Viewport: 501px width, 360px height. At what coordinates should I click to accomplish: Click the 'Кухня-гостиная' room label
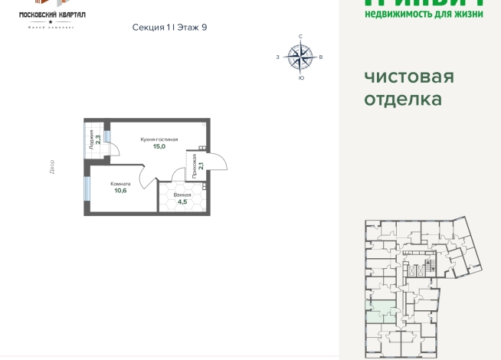159,139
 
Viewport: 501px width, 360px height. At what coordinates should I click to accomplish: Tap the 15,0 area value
159,146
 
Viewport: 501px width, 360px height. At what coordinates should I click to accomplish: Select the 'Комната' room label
120,184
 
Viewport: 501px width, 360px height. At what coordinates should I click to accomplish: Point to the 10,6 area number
120,191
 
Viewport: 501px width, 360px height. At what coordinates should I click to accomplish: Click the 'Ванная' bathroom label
182,195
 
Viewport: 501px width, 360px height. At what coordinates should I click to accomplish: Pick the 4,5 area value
182,203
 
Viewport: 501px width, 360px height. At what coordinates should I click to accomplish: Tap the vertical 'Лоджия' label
91,139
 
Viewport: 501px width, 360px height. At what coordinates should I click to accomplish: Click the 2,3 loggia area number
99,140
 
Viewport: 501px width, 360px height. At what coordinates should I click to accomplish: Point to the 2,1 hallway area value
201,164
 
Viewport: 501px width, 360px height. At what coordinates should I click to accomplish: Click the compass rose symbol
300,55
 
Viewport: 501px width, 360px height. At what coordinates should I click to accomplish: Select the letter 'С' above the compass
300,37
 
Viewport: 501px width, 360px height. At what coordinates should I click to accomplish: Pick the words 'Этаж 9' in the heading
192,28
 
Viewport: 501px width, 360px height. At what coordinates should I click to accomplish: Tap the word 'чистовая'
408,77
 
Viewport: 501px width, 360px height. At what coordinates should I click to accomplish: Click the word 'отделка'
402,99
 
